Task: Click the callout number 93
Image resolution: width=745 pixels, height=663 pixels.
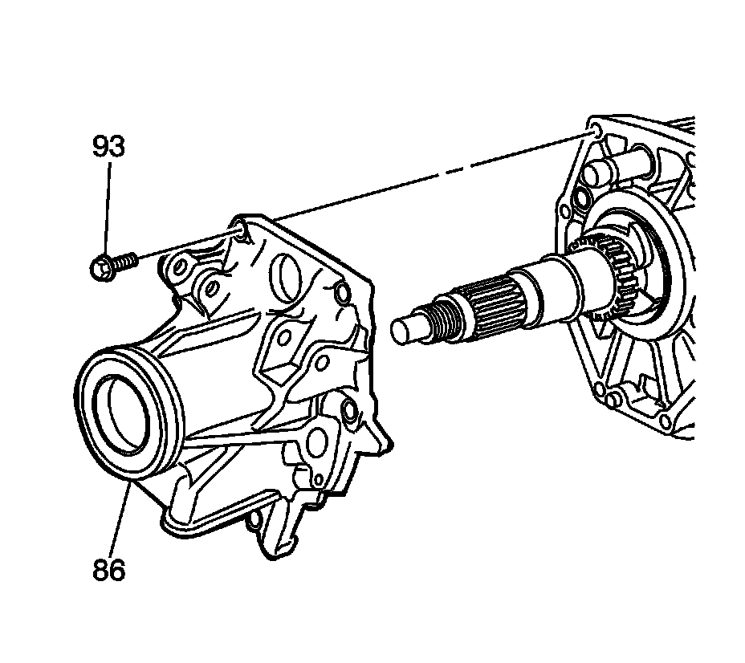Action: pos(109,148)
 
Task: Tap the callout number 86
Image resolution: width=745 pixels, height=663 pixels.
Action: pos(108,571)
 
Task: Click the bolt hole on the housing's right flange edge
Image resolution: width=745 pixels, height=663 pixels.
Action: pos(350,413)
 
